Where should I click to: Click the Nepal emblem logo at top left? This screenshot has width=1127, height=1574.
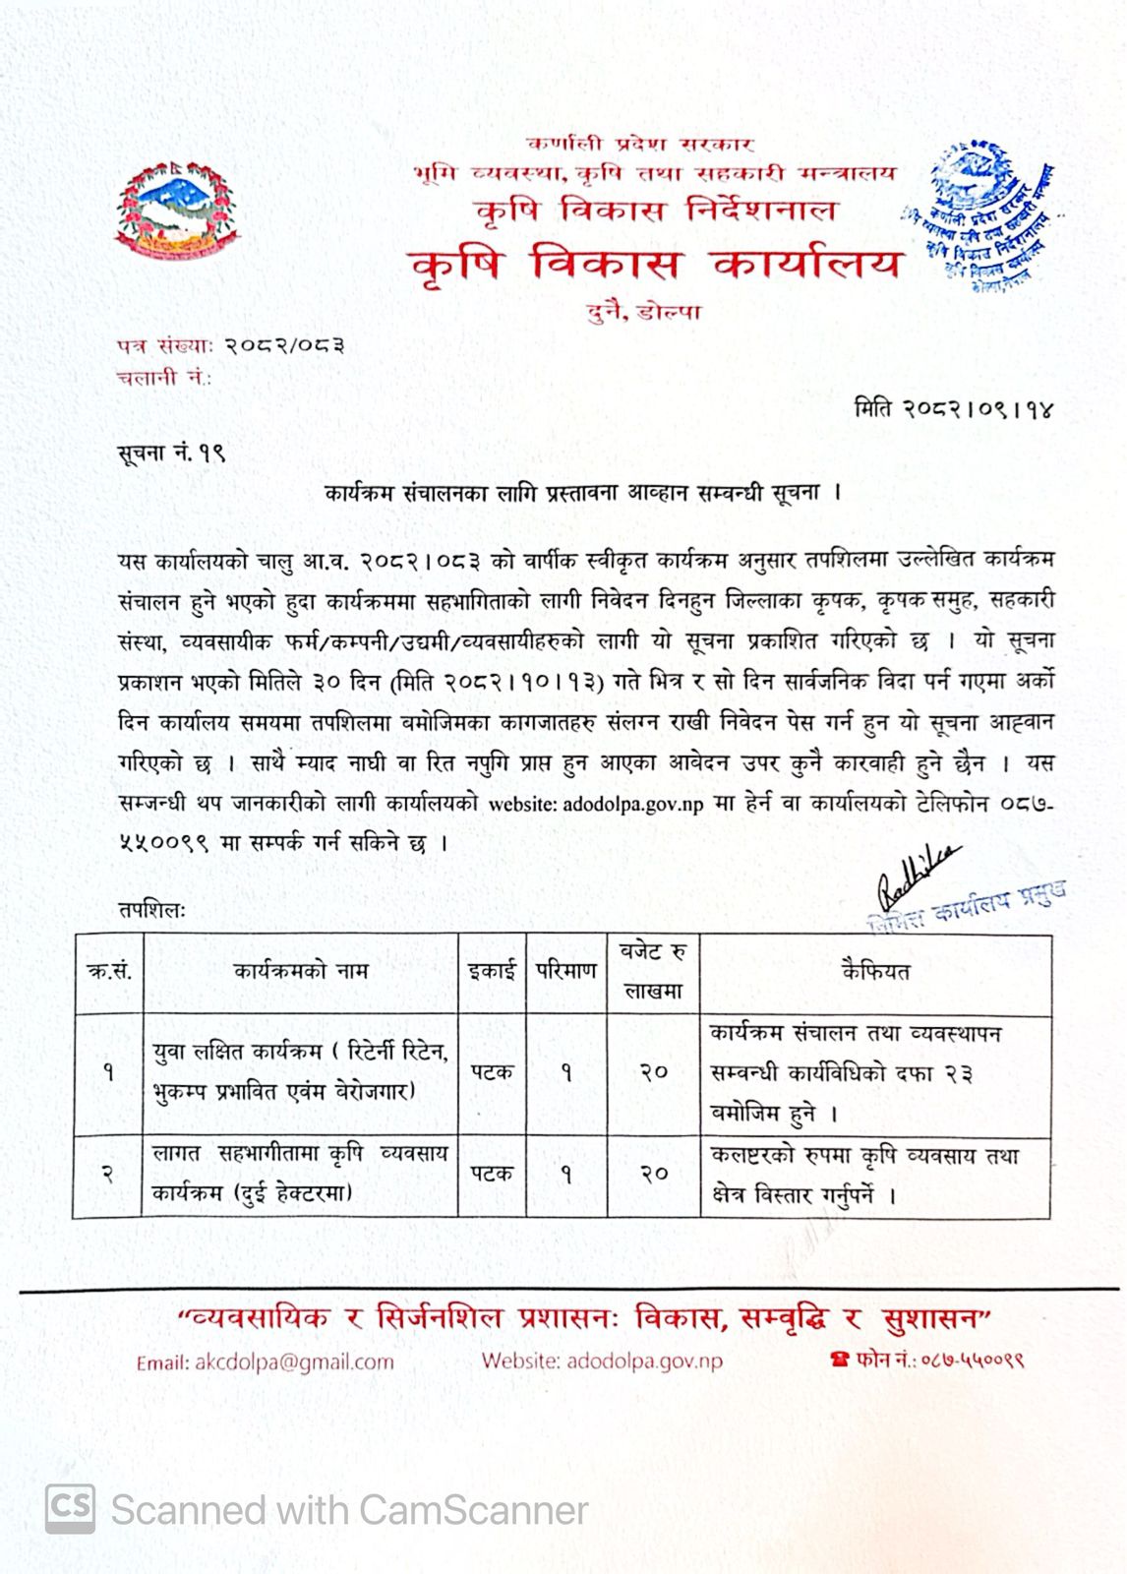(177, 212)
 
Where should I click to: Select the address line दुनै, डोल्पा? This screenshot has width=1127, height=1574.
(643, 313)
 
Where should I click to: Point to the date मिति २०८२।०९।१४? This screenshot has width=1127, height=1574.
(953, 409)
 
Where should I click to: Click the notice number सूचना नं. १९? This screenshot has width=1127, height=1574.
(171, 454)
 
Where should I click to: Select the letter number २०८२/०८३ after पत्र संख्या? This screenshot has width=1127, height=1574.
(284, 345)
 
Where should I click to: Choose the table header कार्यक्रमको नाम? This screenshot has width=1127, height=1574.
(301, 972)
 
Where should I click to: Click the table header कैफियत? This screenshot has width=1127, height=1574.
(875, 972)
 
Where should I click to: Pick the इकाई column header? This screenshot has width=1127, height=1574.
(492, 972)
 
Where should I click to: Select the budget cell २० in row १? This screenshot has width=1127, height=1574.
(654, 1072)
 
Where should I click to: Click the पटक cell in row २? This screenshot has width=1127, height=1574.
(492, 1174)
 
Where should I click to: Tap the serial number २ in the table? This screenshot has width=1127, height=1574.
(108, 1174)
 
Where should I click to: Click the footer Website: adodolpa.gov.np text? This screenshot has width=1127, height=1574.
(602, 1362)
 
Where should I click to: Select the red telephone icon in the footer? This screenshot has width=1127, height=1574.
(839, 1361)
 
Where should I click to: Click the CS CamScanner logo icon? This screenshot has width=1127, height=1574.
(71, 1509)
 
